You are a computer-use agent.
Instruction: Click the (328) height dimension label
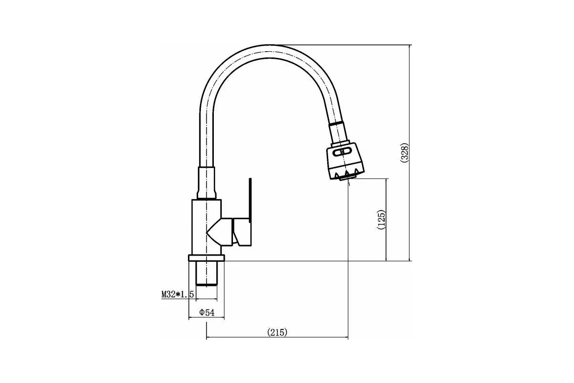point(404,153)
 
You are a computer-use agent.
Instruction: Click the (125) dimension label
point(381,220)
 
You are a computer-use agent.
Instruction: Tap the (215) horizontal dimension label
point(277,332)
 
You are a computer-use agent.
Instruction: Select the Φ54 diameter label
point(207,313)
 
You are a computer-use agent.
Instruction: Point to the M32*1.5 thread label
point(177,294)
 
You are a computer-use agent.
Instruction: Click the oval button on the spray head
point(342,152)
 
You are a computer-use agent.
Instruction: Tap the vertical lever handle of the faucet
point(250,198)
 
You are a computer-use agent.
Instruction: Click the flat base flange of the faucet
point(207,258)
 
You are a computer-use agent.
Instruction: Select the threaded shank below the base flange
point(207,273)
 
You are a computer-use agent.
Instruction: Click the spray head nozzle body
point(345,161)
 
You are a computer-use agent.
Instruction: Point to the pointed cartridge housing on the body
point(220,232)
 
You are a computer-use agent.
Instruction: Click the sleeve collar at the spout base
point(207,183)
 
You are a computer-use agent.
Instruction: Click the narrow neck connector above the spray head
point(339,133)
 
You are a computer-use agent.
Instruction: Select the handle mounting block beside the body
point(242,232)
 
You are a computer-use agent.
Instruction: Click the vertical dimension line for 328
point(409,153)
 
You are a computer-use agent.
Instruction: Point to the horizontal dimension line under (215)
point(277,338)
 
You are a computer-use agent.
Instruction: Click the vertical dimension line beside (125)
point(386,220)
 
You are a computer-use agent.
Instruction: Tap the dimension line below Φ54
point(207,318)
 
